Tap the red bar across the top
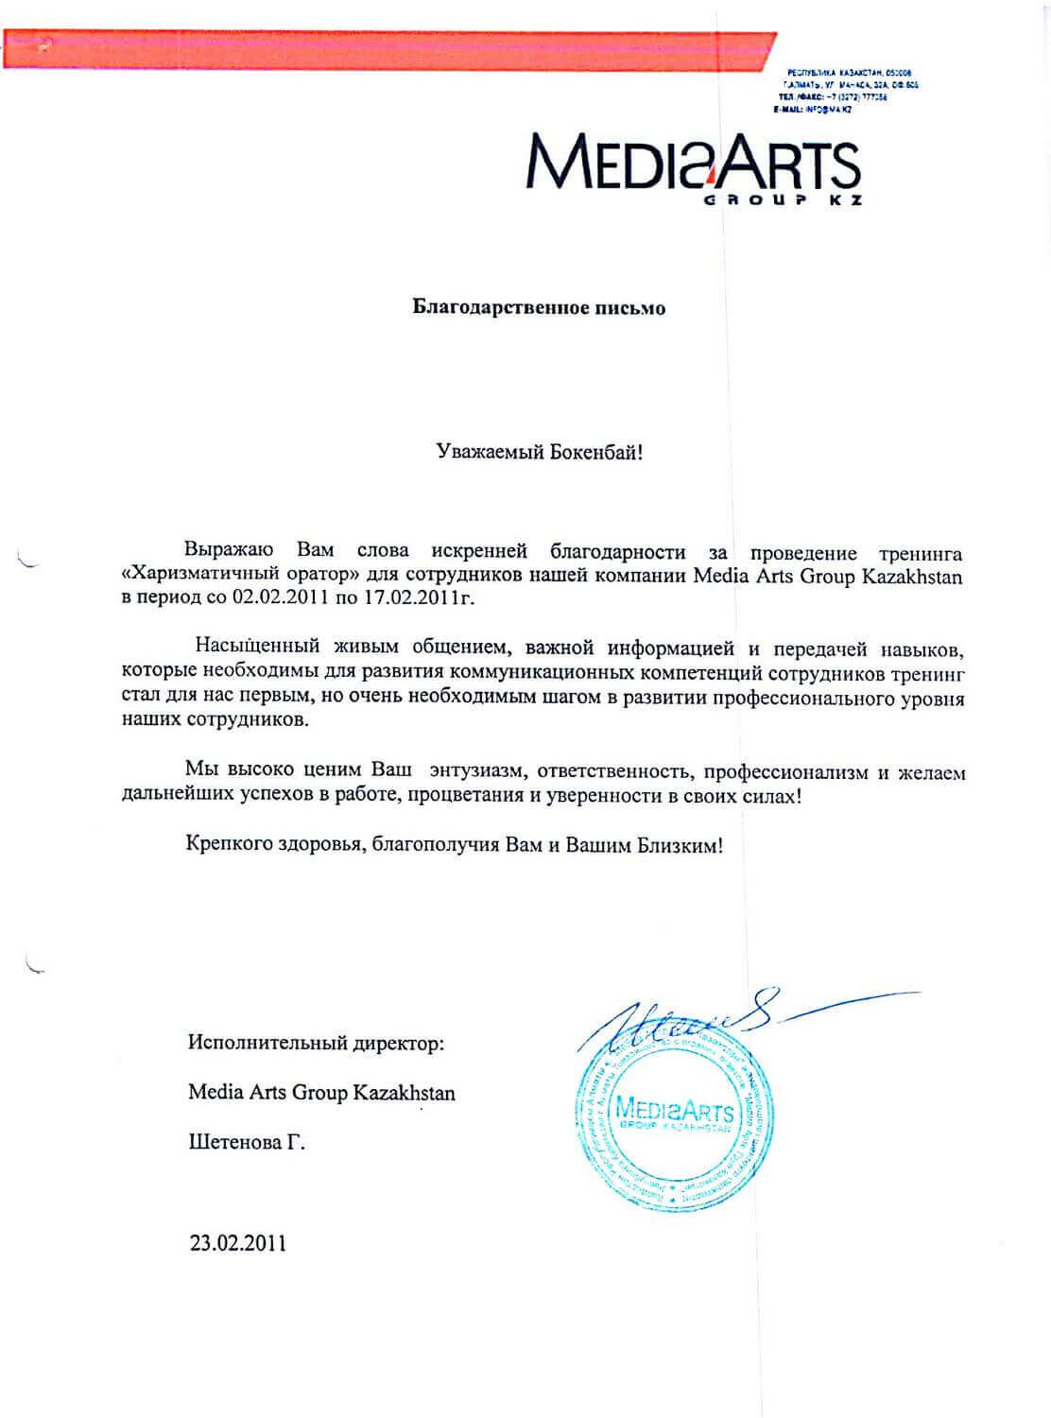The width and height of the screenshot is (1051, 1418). click(x=388, y=48)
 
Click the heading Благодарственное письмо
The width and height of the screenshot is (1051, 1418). click(x=539, y=308)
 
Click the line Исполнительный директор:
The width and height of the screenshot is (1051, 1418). click(x=315, y=1044)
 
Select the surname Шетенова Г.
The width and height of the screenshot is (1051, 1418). click(x=247, y=1142)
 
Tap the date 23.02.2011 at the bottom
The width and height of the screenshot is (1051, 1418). click(x=237, y=1242)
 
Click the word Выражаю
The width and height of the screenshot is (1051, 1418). click(x=228, y=551)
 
